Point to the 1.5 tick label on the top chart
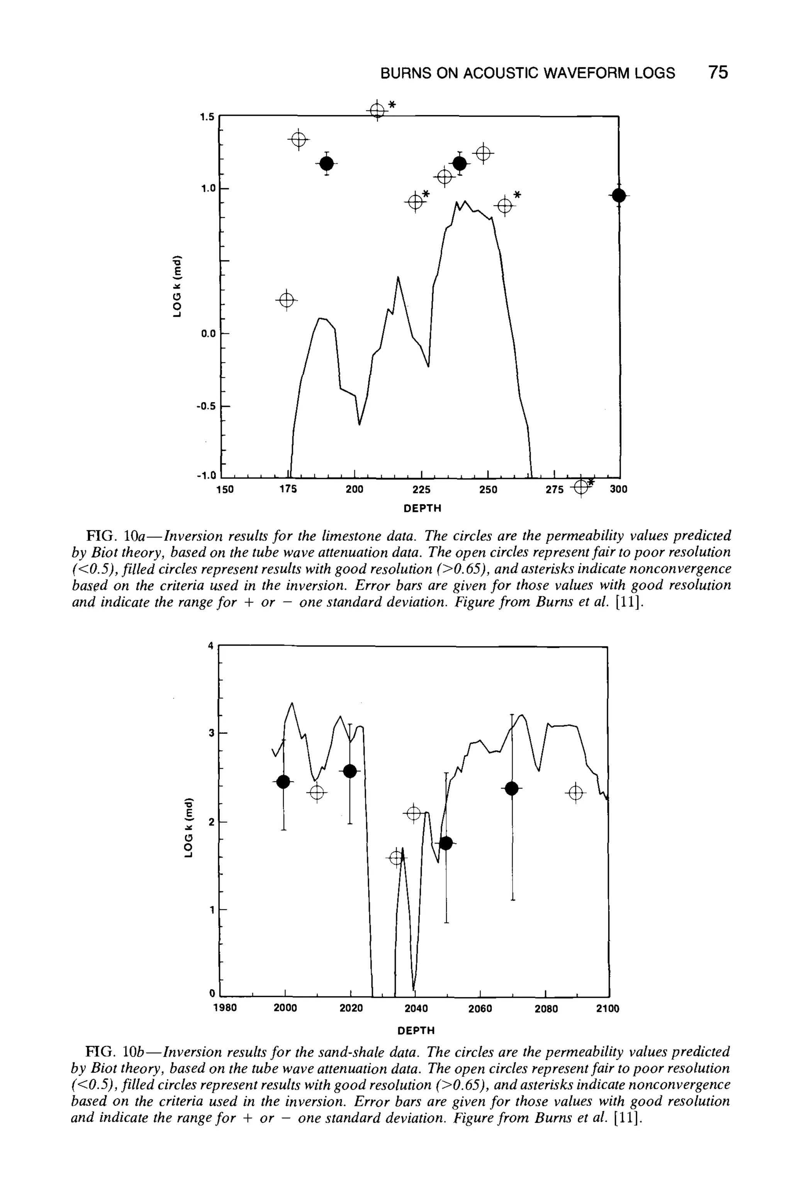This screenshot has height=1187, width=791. click(207, 117)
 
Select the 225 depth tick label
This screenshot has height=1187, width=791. click(421, 490)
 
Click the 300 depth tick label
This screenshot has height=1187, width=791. click(618, 490)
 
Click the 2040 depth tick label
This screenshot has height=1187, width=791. click(416, 1008)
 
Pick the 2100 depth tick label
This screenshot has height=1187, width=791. click(608, 1008)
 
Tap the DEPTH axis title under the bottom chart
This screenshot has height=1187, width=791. click(416, 1029)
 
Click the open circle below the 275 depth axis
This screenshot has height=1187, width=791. click(581, 486)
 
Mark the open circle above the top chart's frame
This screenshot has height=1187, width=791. click(377, 109)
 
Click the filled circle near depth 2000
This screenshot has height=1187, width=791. click(283, 782)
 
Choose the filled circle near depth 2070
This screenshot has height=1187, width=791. click(511, 788)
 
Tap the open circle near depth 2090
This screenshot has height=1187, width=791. click(575, 793)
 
